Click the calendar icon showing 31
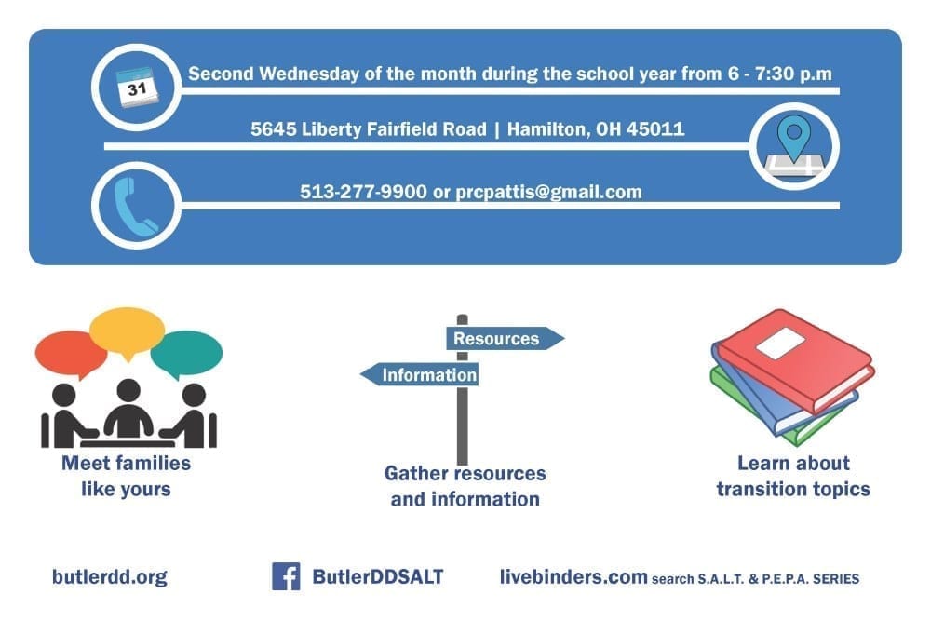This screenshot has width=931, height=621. click(137, 88)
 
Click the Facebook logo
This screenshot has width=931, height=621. click(286, 576)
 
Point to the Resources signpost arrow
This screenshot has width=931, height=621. click(505, 338)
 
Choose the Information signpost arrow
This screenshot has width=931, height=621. click(419, 374)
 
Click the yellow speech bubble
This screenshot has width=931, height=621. click(127, 331)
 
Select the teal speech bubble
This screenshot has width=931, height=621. click(186, 354)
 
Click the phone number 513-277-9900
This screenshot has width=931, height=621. click(363, 192)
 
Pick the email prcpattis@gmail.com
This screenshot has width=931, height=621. click(548, 192)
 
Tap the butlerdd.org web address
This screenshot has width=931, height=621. click(110, 577)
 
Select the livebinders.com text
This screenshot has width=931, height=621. click(573, 576)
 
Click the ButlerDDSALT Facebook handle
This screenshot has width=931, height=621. click(378, 576)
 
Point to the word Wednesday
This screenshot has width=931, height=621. click(309, 74)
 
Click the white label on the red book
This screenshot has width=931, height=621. click(780, 343)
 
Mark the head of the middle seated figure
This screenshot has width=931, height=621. click(128, 391)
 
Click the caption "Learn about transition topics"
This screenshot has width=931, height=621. click(793, 476)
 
